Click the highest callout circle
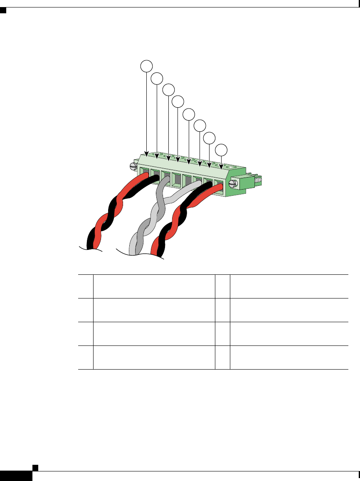[146, 65]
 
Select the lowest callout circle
[222, 150]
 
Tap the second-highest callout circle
[157, 77]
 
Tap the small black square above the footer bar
[35, 467]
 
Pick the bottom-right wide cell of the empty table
[288, 358]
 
